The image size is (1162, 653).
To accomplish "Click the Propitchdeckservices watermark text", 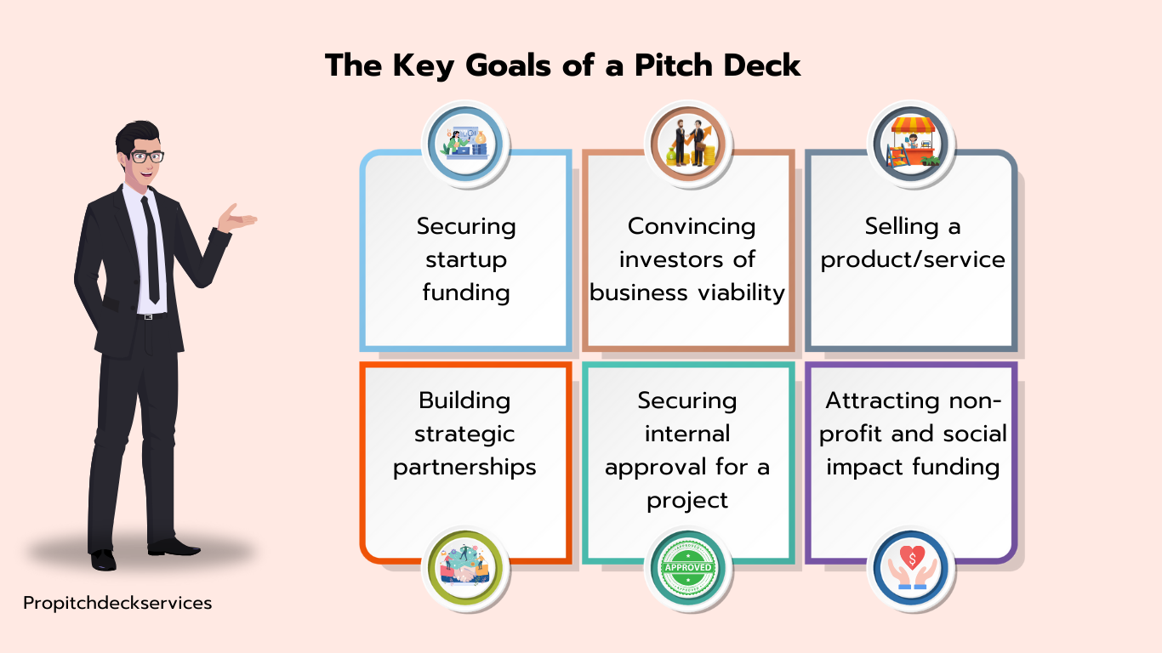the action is [117, 603].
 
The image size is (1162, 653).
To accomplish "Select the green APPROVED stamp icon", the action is [688, 568].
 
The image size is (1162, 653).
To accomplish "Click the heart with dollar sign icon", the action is [911, 568].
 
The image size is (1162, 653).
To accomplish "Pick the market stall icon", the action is [911, 144].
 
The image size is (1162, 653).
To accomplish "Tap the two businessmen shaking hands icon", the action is [688, 144].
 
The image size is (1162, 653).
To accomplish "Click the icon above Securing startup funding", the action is [465, 144].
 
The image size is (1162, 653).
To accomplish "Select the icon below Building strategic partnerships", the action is [465, 568].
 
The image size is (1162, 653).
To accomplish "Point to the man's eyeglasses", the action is [146, 156].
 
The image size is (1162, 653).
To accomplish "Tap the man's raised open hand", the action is [236, 219].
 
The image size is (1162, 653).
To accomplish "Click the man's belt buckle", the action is [148, 316].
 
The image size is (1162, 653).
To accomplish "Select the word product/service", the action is [913, 260].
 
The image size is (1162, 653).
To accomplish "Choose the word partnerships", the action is [464, 468].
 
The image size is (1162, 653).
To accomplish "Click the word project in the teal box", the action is [687, 501].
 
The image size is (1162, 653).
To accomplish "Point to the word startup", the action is [466, 259].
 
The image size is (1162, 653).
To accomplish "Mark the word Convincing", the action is [691, 227].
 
